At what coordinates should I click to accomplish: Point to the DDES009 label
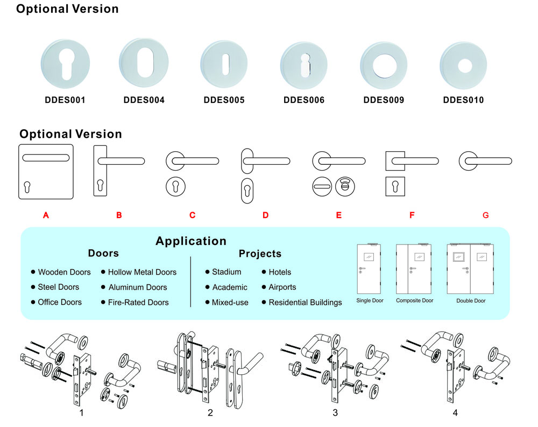coord(384,100)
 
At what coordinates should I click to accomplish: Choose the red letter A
coord(46,215)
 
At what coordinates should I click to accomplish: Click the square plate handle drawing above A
coord(46,172)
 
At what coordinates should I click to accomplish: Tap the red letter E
coord(338,215)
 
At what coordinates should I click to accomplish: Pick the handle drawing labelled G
coord(485,160)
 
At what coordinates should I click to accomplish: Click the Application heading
coord(191,241)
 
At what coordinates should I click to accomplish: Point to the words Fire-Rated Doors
coord(138,303)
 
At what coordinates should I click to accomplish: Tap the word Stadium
coord(226,272)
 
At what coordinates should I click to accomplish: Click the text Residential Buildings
coord(305,303)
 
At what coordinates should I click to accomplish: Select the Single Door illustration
coord(370,269)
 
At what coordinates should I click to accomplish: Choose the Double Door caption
coord(471,301)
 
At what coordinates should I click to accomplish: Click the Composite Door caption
coord(414,300)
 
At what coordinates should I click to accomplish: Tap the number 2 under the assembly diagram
coord(210,413)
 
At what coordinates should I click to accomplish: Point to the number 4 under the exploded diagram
coord(455,413)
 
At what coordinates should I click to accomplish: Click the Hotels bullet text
coord(280,272)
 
